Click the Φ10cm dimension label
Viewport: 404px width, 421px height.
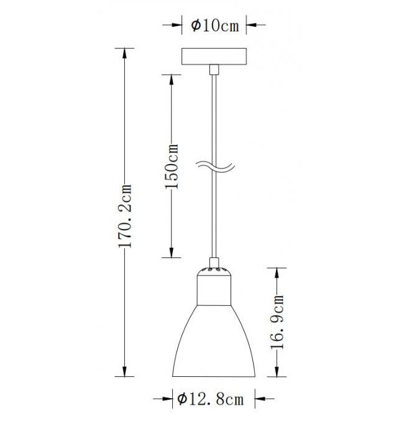[x=215, y=25]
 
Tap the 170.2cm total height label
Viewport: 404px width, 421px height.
[x=125, y=216]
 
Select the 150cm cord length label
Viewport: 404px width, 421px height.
[x=172, y=167]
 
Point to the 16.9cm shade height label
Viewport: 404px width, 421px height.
[x=277, y=322]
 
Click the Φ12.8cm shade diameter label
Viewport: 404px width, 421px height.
[x=211, y=399]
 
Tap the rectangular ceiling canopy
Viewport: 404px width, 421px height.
[x=214, y=57]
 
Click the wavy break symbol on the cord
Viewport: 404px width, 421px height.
[x=216, y=167]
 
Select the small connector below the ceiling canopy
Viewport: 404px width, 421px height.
[x=214, y=70]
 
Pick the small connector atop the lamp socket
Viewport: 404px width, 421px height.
[x=214, y=262]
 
